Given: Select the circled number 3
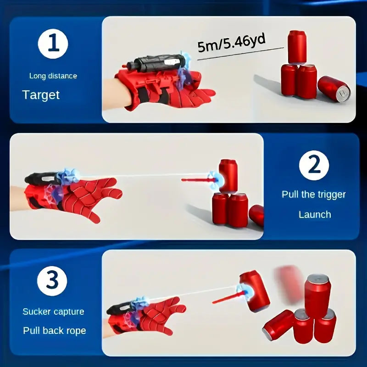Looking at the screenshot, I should click(x=52, y=281).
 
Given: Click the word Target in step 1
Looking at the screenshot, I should click(x=41, y=95).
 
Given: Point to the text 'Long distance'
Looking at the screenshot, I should click(x=53, y=76).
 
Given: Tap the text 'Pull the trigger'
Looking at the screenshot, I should click(x=314, y=194).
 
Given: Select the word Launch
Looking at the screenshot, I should click(x=315, y=214).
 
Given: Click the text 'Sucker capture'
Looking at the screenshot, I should click(x=53, y=311).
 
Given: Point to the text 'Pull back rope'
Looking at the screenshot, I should click(x=54, y=330).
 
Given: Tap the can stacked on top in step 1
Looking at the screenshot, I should click(x=297, y=47).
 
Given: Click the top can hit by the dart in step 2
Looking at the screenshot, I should click(x=228, y=176).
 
